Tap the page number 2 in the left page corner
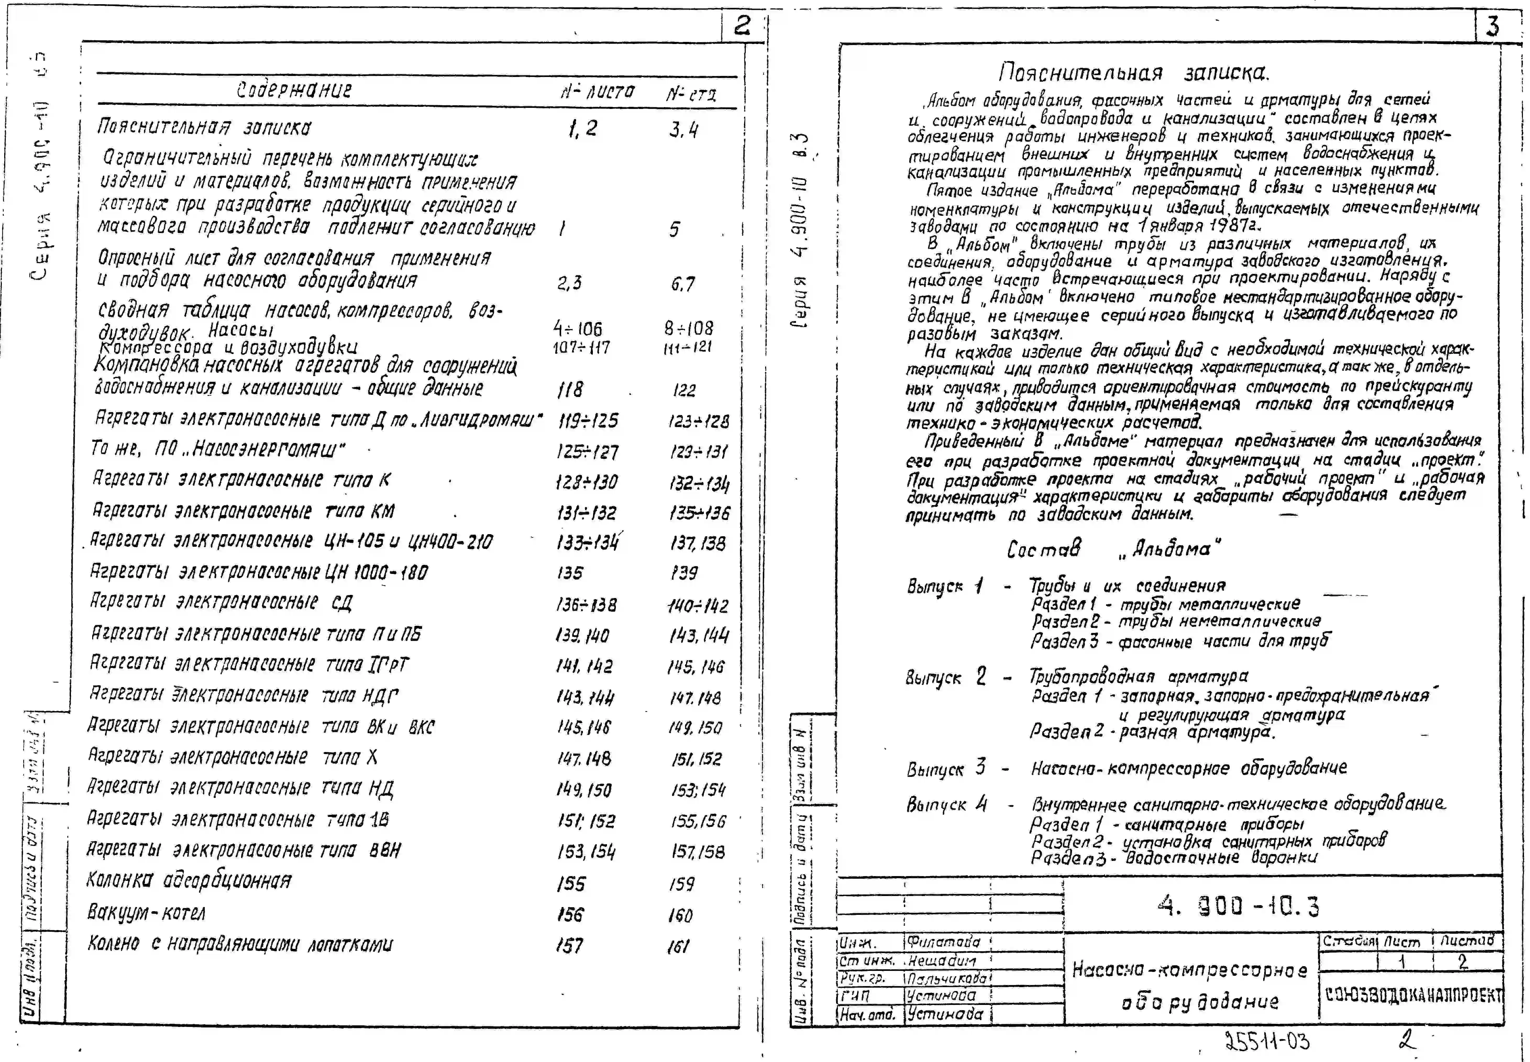click(x=741, y=26)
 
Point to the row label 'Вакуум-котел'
click(x=146, y=912)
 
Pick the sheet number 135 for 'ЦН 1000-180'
click(x=570, y=573)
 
